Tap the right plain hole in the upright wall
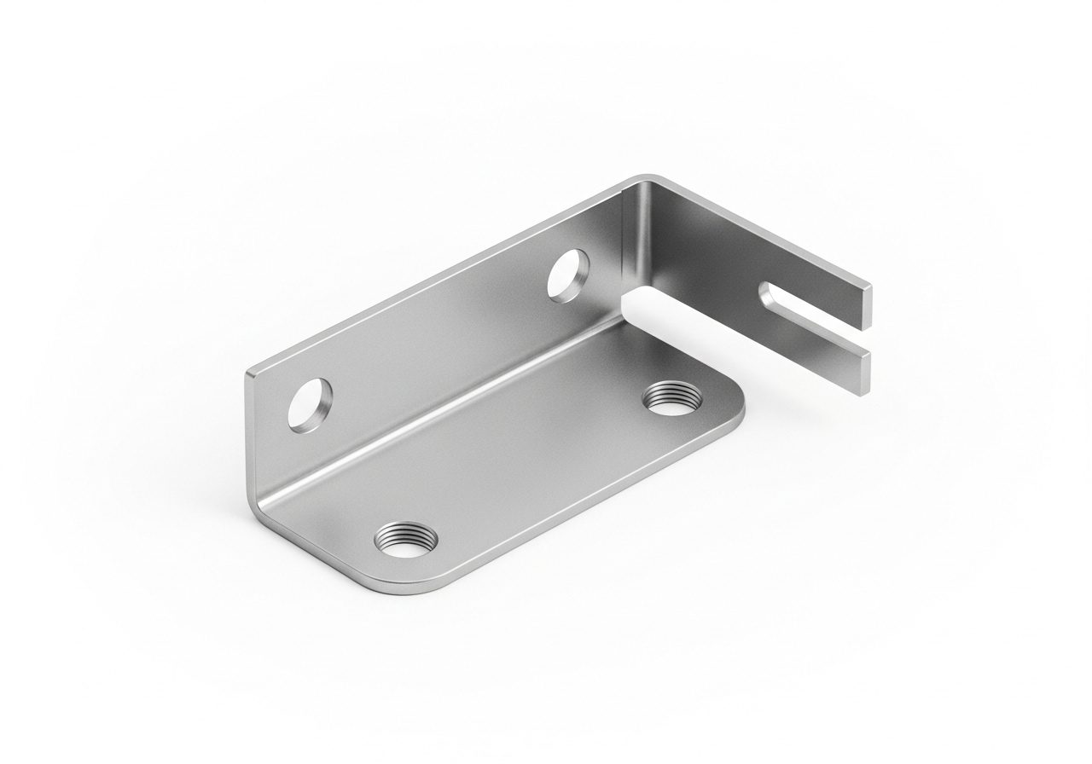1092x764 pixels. point(567,275)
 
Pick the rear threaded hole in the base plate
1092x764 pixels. point(668,397)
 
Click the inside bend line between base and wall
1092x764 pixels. point(444,409)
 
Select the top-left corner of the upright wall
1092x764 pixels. point(248,373)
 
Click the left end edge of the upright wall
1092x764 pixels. point(250,435)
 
